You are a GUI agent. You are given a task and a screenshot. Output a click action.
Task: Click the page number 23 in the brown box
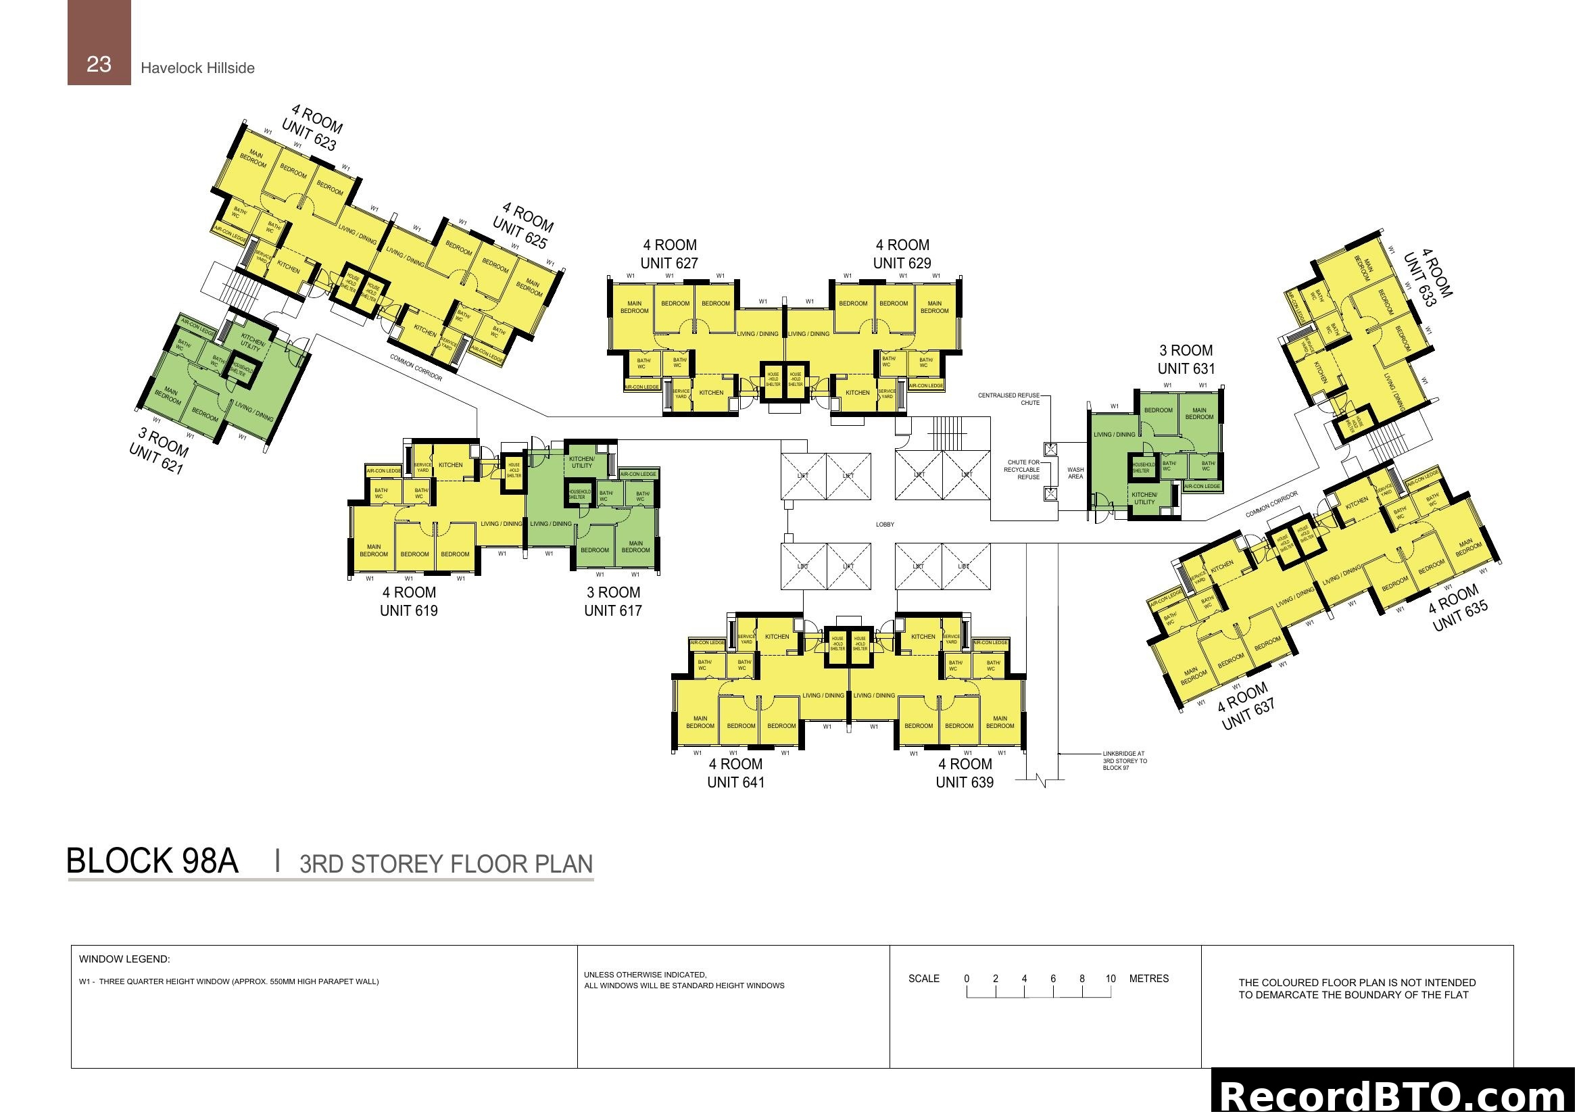[99, 64]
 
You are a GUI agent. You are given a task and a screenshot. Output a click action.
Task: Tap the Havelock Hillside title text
[197, 68]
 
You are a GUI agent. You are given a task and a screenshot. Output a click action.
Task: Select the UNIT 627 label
[668, 263]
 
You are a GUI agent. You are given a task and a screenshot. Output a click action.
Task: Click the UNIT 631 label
[1186, 368]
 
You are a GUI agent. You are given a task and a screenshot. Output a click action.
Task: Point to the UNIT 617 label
[612, 610]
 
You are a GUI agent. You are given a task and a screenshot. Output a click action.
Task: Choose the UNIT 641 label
[735, 782]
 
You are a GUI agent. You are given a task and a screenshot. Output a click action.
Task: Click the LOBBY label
[885, 525]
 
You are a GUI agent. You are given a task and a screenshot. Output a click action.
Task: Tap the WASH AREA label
[1075, 473]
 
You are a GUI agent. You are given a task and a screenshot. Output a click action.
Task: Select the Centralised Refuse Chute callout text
[1008, 399]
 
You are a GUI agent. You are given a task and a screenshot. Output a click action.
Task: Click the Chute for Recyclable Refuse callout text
[1022, 470]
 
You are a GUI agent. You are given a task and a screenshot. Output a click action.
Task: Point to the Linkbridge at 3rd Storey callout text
[1125, 760]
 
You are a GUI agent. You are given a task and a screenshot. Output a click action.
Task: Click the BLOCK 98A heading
[152, 861]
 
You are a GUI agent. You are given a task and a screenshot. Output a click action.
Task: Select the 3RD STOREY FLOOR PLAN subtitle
[445, 864]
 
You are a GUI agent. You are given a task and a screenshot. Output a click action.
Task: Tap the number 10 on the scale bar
[1110, 978]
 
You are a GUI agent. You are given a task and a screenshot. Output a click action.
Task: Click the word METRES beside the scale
[1148, 978]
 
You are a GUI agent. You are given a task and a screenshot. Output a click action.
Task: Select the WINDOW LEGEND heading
[124, 959]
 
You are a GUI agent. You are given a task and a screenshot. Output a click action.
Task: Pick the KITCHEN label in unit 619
[450, 464]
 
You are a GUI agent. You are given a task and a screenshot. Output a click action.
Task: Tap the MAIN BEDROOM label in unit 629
[933, 307]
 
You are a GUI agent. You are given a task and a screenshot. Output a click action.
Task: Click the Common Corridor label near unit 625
[416, 368]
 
